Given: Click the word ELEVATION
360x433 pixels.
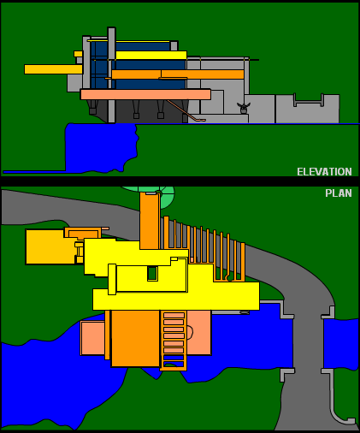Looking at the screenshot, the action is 324,172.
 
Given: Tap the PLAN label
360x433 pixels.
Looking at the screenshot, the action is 339,193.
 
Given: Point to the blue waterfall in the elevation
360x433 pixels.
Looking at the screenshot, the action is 100,147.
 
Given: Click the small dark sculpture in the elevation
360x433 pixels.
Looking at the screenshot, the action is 244,108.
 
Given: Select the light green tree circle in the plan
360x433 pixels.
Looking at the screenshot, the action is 167,194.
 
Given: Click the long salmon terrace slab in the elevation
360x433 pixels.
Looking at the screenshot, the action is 145,94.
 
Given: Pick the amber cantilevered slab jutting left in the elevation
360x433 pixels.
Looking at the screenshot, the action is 53,69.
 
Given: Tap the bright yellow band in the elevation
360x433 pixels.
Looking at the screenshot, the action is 151,56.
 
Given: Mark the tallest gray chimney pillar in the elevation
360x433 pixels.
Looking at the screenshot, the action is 111,74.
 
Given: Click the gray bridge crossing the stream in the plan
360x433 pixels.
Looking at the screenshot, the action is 308,342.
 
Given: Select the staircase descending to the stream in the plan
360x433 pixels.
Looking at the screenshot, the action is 174,341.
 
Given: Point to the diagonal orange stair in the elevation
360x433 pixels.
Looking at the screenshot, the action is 186,111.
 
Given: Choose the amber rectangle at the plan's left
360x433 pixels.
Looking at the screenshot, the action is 50,247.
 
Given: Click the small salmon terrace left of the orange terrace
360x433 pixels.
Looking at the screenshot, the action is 93,338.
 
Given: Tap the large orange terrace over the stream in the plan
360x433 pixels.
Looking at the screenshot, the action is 135,339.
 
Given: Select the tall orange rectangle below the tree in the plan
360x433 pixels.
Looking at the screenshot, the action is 150,221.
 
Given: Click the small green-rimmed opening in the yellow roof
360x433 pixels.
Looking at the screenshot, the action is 152,273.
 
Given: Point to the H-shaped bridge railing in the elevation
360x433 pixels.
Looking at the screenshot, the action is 309,100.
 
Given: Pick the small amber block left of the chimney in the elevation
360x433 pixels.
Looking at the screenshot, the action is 78,54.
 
